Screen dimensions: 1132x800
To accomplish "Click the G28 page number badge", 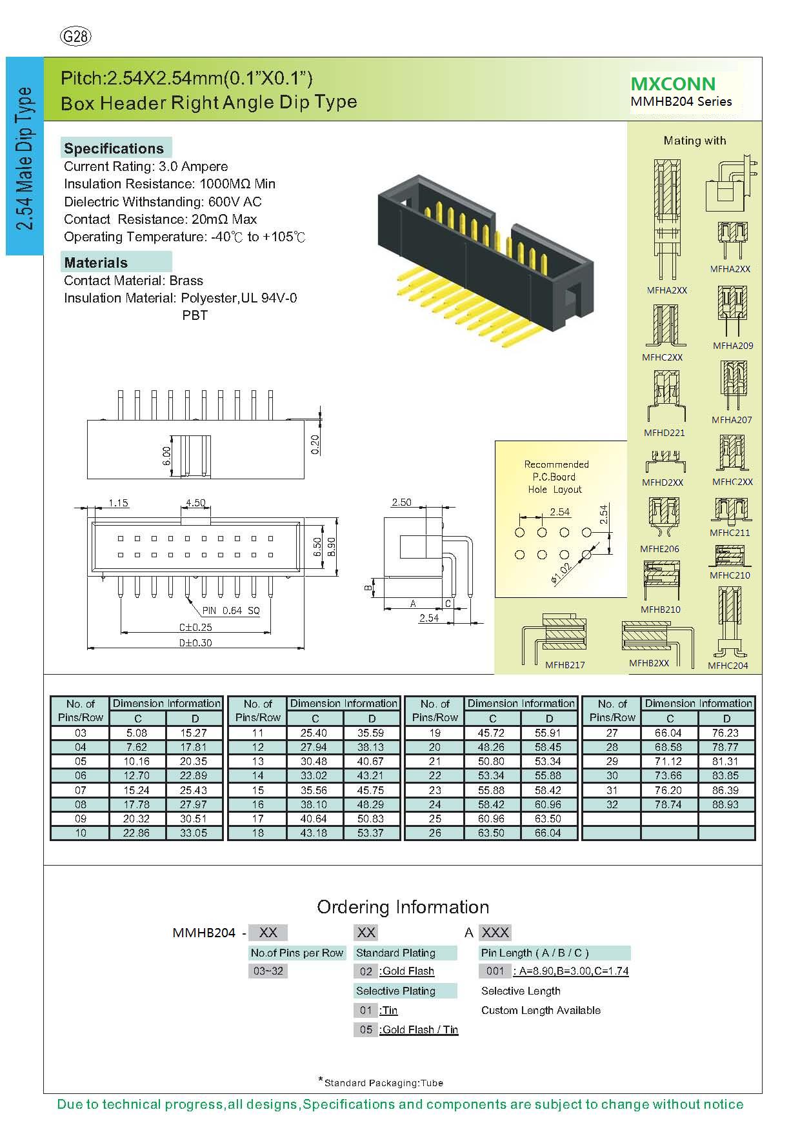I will tap(75, 37).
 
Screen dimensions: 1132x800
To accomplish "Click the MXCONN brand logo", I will tap(673, 84).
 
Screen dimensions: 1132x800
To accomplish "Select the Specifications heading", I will tap(114, 148).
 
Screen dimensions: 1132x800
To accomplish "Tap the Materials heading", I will tap(96, 263).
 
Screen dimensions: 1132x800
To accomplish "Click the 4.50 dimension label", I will tap(195, 503).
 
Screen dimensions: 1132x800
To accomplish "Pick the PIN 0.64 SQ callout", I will tap(231, 610).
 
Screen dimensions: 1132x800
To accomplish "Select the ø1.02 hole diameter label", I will tap(561, 571).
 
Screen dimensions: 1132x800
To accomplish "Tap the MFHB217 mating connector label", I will tap(565, 665).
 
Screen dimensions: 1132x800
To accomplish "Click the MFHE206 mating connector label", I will tap(659, 549).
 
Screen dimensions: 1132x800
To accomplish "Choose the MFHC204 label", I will tap(728, 666).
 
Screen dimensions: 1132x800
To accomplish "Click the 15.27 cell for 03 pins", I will tap(194, 733).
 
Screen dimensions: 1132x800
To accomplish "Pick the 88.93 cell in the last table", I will tap(726, 804).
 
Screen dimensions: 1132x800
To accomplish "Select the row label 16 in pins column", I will tap(258, 804).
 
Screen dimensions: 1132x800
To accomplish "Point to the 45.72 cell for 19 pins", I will tap(492, 733).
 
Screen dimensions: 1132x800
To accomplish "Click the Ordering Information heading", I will tap(403, 907).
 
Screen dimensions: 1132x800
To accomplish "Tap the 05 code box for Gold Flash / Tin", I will tap(366, 1029).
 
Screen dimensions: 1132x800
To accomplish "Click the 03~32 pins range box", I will tap(268, 971).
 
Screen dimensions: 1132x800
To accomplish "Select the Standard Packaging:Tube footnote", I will tap(382, 1083).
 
